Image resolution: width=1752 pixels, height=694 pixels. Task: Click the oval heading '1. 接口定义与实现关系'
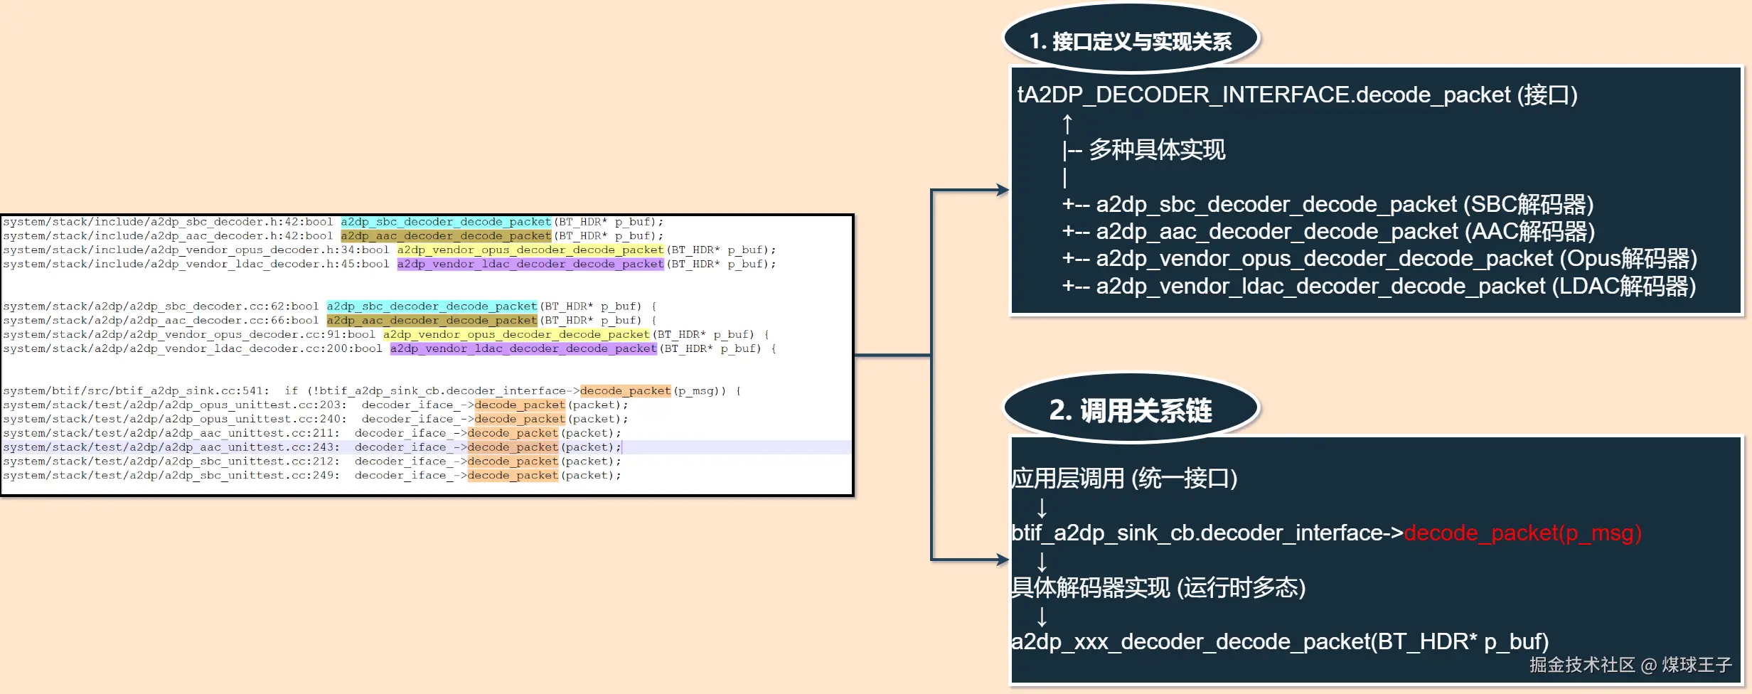click(x=1131, y=41)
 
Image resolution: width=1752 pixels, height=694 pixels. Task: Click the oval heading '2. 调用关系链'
click(x=1131, y=410)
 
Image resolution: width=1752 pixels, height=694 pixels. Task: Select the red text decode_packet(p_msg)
click(x=1522, y=533)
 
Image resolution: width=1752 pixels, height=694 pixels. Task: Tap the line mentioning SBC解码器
click(x=1328, y=204)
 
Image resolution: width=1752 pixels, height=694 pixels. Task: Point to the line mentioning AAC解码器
click(x=1328, y=231)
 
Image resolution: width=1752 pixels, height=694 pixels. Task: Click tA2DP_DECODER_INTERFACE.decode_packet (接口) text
click(x=1297, y=95)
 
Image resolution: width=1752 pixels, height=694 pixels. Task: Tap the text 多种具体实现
click(x=1157, y=149)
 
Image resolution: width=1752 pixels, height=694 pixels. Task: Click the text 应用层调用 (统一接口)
click(x=1124, y=478)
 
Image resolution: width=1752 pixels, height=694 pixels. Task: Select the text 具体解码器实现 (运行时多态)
click(x=1158, y=587)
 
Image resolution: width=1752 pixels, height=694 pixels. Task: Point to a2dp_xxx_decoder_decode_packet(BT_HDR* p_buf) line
click(x=1280, y=641)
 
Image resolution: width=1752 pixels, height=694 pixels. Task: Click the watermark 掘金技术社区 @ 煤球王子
click(x=1630, y=665)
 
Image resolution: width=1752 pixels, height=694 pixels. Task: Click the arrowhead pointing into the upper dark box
click(x=1003, y=190)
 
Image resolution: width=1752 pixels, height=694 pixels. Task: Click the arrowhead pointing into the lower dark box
click(x=1003, y=560)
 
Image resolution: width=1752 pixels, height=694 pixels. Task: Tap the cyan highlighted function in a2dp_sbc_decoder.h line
click(x=446, y=222)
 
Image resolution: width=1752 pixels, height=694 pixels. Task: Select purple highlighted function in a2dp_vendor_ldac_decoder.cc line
click(x=523, y=348)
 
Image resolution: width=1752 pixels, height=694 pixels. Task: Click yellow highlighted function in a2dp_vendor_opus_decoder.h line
click(x=530, y=250)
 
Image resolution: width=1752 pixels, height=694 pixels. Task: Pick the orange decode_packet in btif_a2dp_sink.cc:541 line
click(x=625, y=390)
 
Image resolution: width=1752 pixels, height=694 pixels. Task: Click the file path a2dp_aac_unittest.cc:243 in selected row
click(x=171, y=447)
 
